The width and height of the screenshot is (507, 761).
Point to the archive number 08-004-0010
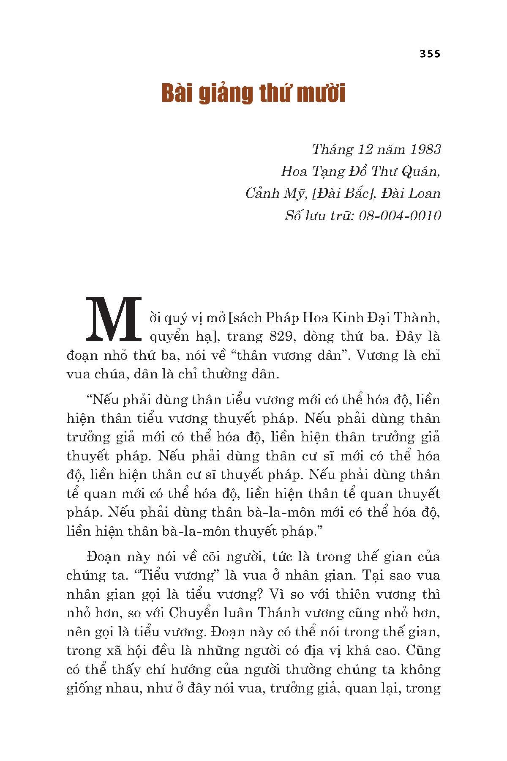[x=400, y=216]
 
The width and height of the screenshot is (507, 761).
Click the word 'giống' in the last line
[x=85, y=689]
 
